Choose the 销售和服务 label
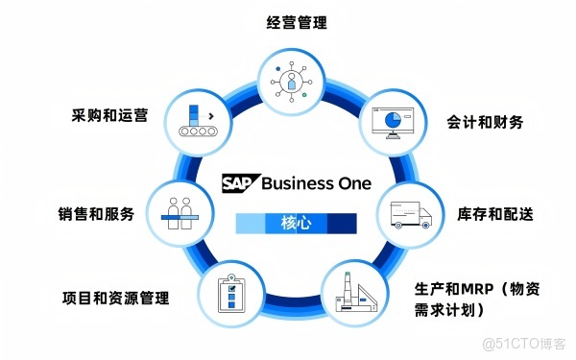[96, 212]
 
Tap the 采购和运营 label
[109, 114]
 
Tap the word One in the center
[353, 182]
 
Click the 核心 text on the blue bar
[297, 224]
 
